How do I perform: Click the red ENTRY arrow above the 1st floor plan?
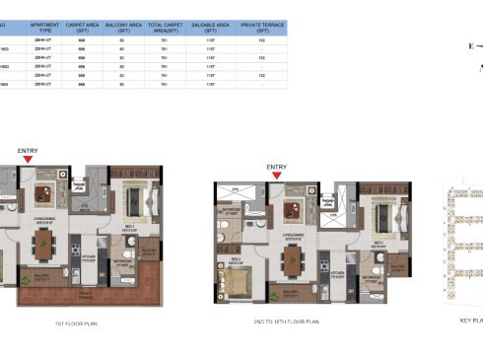[x=28, y=158]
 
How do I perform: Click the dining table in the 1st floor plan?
[x=43, y=241]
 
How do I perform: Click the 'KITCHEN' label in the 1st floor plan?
[x=86, y=258]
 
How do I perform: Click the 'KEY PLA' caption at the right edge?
[x=471, y=321]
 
